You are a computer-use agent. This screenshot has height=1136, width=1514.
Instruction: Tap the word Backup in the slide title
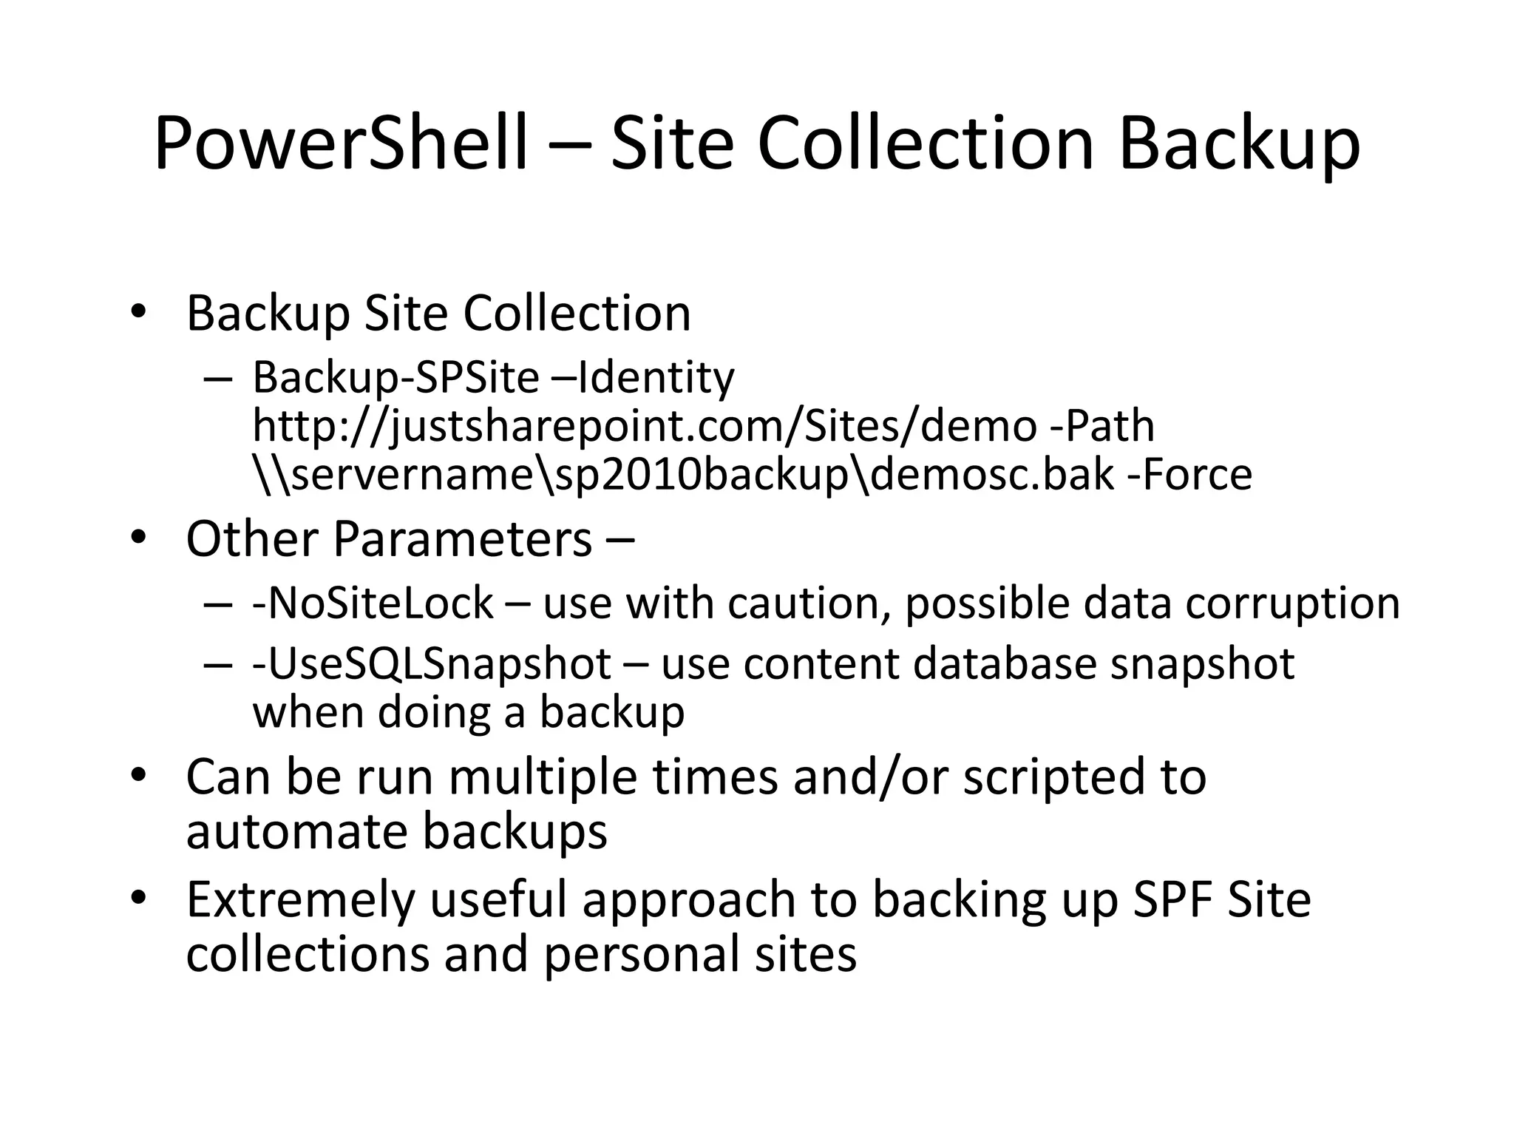[1239, 143]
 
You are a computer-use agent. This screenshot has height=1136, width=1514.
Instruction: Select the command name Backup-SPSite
[396, 377]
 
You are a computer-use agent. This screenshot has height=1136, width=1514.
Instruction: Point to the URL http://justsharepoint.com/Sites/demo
[644, 426]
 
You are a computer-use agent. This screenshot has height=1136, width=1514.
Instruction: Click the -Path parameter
[1102, 426]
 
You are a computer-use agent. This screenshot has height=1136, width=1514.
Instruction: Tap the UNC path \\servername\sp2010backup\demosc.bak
[683, 475]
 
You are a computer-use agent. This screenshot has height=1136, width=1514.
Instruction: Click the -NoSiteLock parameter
[373, 603]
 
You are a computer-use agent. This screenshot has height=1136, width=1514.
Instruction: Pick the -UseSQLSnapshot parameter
[432, 663]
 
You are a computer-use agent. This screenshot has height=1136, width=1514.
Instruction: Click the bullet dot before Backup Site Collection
[138, 313]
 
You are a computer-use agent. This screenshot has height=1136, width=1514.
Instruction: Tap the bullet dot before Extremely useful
[138, 899]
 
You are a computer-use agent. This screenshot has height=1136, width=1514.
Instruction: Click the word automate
[296, 831]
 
